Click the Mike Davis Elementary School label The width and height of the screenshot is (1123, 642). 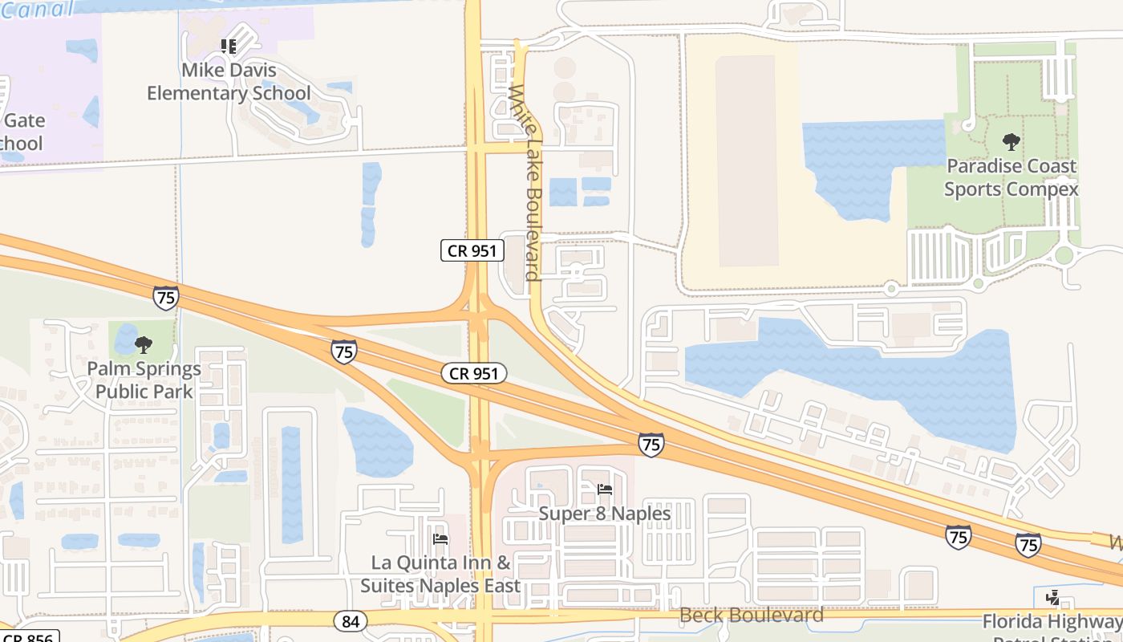(x=228, y=82)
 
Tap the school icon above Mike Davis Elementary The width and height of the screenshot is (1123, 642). (x=229, y=47)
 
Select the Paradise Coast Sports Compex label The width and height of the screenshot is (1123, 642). (x=1011, y=177)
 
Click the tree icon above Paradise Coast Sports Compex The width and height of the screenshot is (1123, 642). (x=1011, y=143)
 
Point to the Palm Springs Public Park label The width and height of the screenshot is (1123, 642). (x=144, y=380)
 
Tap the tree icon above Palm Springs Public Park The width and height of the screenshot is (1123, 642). (x=144, y=345)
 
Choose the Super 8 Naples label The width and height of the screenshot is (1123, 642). (x=605, y=513)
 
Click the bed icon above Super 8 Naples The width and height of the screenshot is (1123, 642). (x=605, y=489)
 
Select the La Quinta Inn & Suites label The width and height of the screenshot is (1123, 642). (x=440, y=574)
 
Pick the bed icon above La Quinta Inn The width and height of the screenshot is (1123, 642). (x=440, y=538)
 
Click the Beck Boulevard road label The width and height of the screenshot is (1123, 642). (x=751, y=616)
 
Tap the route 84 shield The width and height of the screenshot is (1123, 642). (x=351, y=620)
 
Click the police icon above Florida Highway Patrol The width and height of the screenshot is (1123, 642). (x=1052, y=598)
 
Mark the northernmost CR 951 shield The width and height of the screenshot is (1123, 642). (x=472, y=250)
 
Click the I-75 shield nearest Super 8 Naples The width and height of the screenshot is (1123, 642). (x=651, y=444)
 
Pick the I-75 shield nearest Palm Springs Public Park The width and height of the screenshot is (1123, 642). (x=165, y=297)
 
